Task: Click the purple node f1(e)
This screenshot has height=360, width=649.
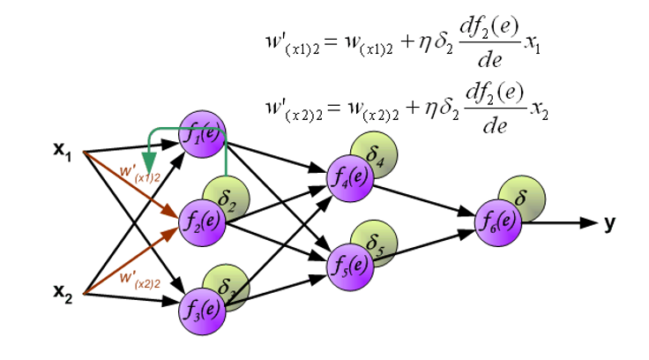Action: point(202,136)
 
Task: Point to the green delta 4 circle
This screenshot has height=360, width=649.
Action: point(373,156)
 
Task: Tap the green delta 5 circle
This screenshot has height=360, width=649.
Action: point(373,241)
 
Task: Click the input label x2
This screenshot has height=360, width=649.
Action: point(64,292)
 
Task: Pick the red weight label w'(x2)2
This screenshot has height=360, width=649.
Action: point(140,278)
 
